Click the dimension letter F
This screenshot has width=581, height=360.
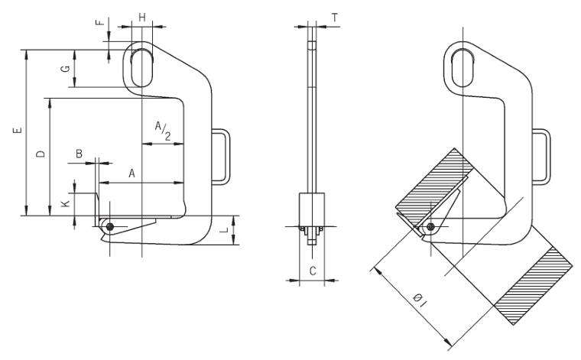tap(101, 22)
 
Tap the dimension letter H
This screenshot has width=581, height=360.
tap(142, 16)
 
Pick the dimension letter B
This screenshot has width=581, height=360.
tap(79, 155)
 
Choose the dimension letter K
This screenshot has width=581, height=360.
tap(66, 204)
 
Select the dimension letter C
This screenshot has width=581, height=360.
tap(312, 269)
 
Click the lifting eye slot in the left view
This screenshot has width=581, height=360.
tap(141, 67)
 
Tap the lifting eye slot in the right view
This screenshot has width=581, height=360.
tap(462, 67)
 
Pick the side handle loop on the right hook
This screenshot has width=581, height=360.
tap(542, 157)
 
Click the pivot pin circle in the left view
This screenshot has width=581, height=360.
tap(111, 227)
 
